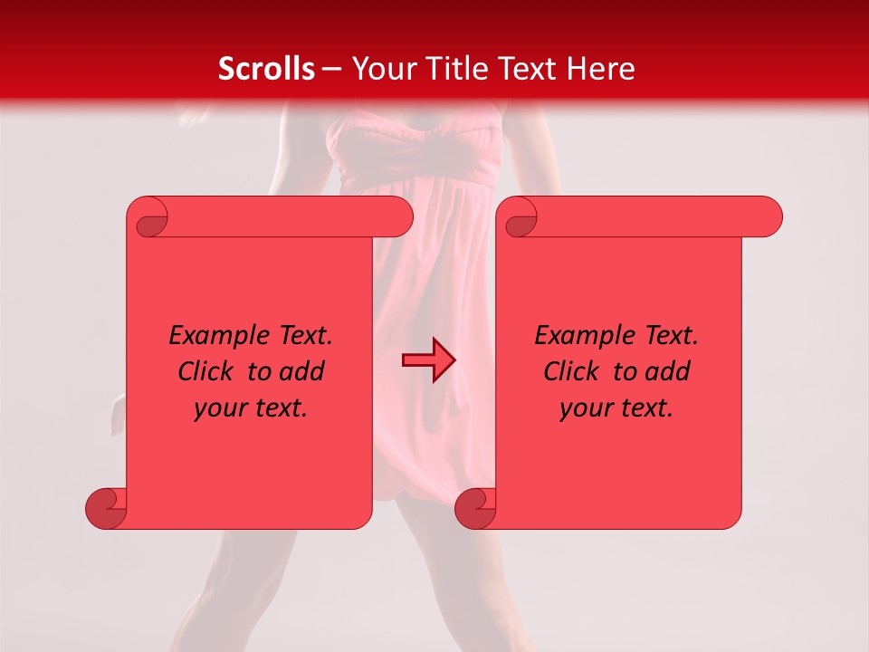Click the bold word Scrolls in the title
[266, 69]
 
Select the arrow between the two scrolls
[428, 360]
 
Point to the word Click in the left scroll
[204, 371]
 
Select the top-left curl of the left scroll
[149, 218]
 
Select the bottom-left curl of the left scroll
[106, 508]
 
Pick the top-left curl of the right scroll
[519, 218]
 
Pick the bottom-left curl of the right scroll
[475, 508]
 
